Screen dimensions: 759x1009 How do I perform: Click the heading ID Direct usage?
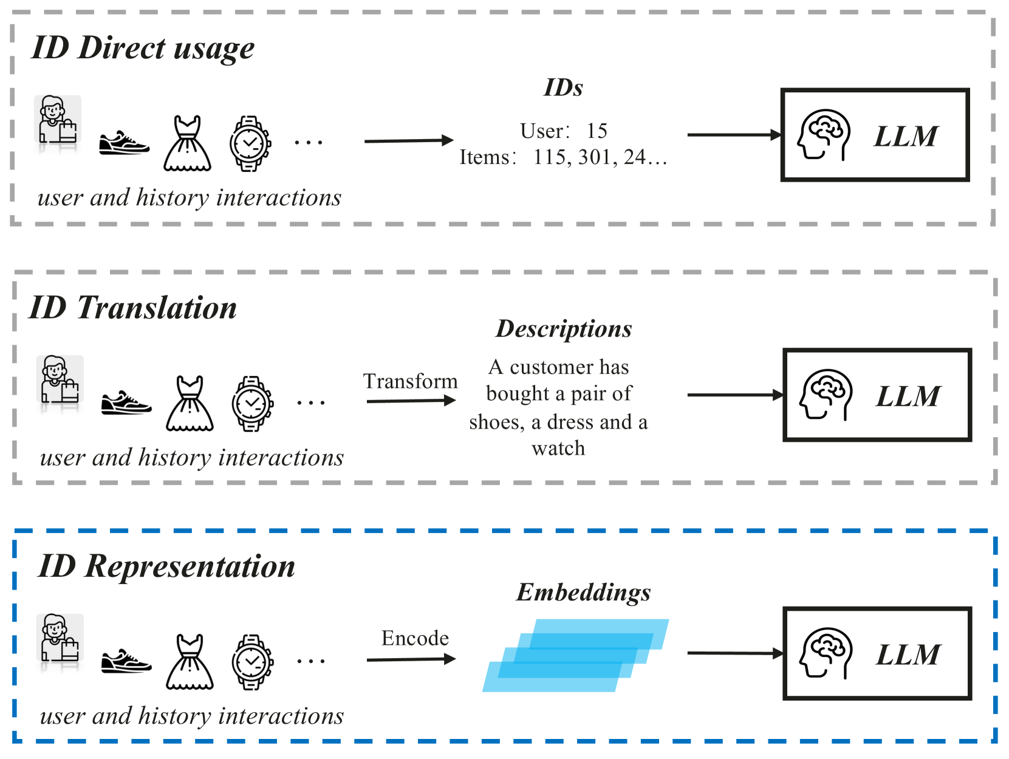tap(143, 48)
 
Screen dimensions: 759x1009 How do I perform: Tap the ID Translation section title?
tap(133, 307)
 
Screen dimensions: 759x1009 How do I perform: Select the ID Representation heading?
tap(166, 566)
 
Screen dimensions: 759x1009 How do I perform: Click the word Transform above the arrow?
tap(410, 381)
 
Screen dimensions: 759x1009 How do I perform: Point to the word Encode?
tap(415, 638)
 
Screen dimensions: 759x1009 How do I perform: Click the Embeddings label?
tap(583, 592)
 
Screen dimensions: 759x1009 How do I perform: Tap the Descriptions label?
tap(564, 328)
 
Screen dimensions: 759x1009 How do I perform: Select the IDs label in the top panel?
tap(563, 88)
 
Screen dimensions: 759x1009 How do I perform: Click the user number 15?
tap(597, 131)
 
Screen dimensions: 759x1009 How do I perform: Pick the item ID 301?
tap(594, 157)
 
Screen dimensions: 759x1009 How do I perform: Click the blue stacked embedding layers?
tap(575, 656)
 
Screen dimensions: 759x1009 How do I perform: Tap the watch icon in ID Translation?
tap(252, 404)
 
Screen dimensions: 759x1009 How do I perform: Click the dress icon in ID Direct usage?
tap(187, 144)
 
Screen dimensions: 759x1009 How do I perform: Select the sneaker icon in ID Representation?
tap(126, 661)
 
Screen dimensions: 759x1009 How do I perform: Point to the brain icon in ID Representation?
tap(826, 653)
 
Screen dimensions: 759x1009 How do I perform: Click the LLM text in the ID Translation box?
tap(908, 397)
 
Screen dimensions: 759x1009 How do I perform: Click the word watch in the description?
tap(558, 449)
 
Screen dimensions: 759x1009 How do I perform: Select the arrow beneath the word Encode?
tap(411, 659)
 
